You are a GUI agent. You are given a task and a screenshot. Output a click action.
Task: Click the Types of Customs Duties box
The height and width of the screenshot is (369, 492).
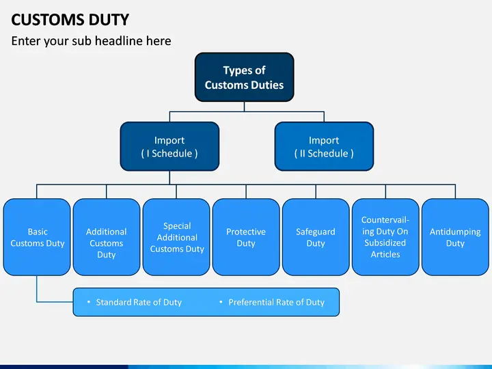pos(244,77)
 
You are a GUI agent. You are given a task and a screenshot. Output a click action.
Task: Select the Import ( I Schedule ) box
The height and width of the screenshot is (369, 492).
pos(169,146)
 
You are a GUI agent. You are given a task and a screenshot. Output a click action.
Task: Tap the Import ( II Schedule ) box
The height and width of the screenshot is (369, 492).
pos(324,146)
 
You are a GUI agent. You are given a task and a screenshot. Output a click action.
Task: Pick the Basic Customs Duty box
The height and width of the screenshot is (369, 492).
pos(37,237)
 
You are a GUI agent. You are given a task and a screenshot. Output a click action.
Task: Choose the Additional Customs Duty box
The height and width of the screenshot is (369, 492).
pos(107,237)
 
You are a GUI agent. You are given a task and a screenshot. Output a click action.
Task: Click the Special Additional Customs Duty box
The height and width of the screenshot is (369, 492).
pos(176,237)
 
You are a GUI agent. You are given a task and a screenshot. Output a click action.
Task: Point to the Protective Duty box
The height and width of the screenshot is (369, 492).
pos(246,237)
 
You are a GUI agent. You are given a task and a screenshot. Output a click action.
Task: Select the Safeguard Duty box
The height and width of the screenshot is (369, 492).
pos(316,237)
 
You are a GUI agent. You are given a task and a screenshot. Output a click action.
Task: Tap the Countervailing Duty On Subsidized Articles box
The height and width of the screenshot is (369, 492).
pos(385,237)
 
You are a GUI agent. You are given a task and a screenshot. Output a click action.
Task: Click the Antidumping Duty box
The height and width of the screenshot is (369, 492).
pos(455,237)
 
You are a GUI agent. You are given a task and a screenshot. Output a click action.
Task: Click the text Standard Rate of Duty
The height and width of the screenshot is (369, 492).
pos(139,302)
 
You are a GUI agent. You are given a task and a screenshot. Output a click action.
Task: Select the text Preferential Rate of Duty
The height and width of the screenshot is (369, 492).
pos(277,302)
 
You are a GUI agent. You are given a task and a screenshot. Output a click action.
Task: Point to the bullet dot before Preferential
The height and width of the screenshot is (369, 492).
pos(221,302)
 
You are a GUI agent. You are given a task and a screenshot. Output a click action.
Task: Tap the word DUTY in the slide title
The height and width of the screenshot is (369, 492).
pos(109,20)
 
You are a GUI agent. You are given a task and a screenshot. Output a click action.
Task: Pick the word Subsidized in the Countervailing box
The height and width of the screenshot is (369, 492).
pos(385,243)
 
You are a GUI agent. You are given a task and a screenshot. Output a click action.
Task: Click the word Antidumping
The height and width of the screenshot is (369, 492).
pos(455,232)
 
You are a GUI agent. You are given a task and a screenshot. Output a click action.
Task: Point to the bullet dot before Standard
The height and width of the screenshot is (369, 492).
pos(88,302)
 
